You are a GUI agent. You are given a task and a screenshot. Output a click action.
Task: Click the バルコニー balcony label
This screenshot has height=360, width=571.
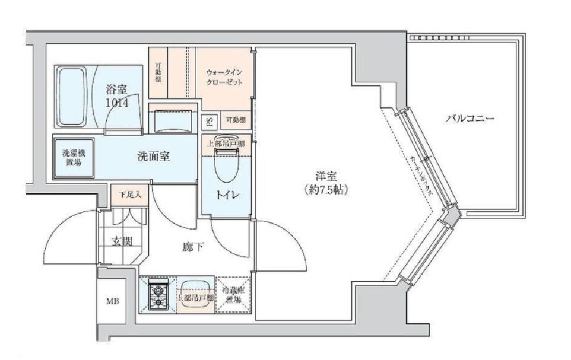coord(471,119)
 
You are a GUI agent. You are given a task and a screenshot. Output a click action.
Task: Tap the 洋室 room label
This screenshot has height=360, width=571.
coord(326,177)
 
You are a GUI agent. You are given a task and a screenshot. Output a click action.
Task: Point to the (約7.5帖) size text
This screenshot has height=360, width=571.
coord(325,190)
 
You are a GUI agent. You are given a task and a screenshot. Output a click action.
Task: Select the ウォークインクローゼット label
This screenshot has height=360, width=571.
coord(224,78)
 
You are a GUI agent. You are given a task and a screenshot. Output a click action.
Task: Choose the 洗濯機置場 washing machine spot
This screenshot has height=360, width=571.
coord(74,157)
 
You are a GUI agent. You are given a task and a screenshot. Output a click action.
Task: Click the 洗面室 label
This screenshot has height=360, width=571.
coord(154,157)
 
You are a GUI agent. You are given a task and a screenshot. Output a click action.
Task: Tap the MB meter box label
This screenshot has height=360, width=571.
coord(112,301)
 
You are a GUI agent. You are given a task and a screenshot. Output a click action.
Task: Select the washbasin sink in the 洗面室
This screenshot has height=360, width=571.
coord(172,122)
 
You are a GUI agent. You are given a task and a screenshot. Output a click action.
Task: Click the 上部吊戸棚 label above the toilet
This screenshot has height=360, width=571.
coord(226,143)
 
